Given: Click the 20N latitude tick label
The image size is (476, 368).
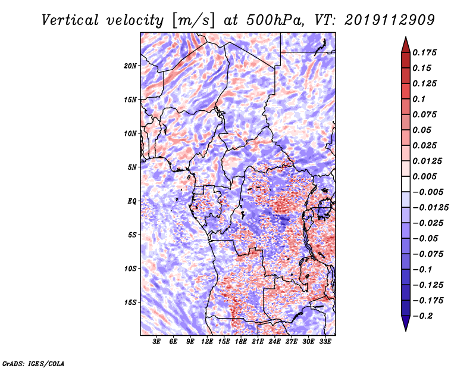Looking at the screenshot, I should point(130,66).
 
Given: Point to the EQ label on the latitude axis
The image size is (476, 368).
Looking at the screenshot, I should point(131,201).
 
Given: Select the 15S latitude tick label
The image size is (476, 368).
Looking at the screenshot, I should point(130,302).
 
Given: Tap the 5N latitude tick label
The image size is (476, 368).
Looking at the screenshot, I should point(132,167).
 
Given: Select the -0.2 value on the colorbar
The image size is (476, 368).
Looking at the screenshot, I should point(424,316).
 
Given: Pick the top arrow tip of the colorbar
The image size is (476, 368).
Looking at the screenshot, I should point(405,38).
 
